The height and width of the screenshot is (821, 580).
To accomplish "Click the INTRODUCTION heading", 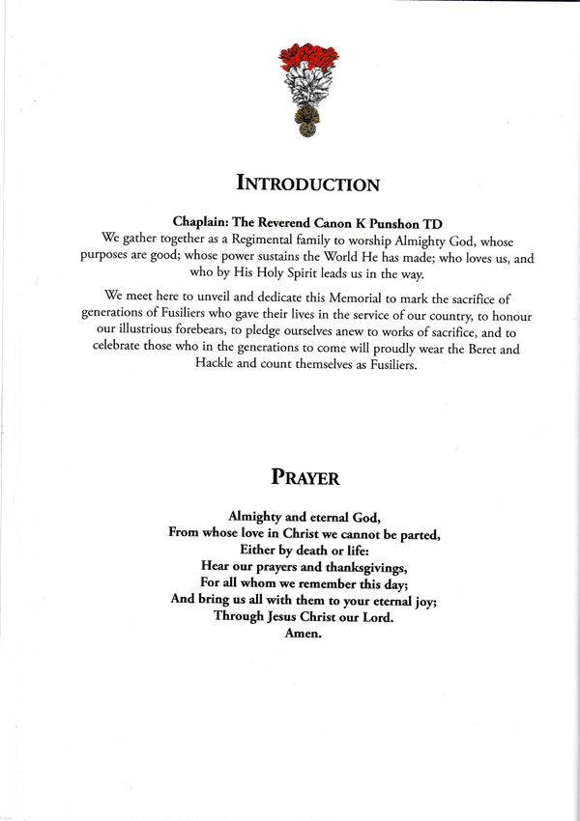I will [307, 183].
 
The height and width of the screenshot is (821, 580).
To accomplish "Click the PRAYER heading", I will [308, 477].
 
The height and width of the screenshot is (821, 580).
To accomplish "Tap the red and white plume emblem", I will [308, 88].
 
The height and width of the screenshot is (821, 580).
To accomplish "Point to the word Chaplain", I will [204, 221].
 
